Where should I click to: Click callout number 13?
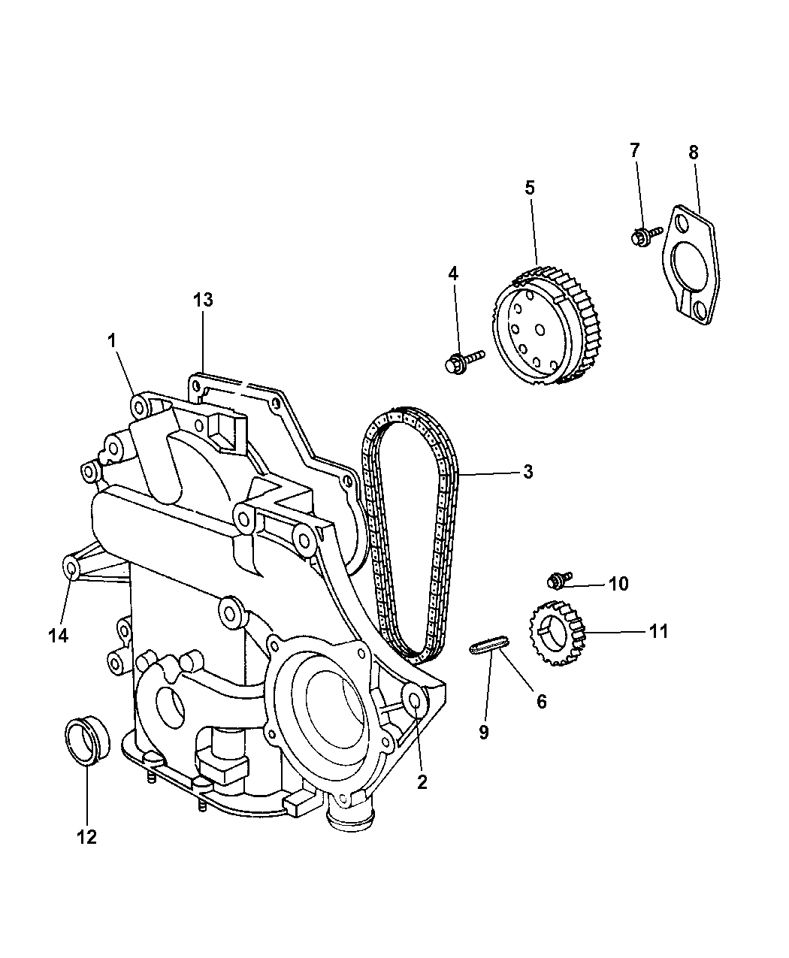click(x=202, y=301)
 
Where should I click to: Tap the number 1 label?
click(x=112, y=341)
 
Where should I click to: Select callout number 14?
click(x=58, y=636)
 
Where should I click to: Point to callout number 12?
click(x=87, y=836)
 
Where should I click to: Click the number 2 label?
click(x=422, y=781)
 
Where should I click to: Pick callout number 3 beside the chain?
click(x=528, y=472)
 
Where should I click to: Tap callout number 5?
click(x=530, y=188)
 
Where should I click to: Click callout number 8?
click(x=693, y=153)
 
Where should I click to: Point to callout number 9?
click(x=484, y=731)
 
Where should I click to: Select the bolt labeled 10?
click(x=556, y=579)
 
